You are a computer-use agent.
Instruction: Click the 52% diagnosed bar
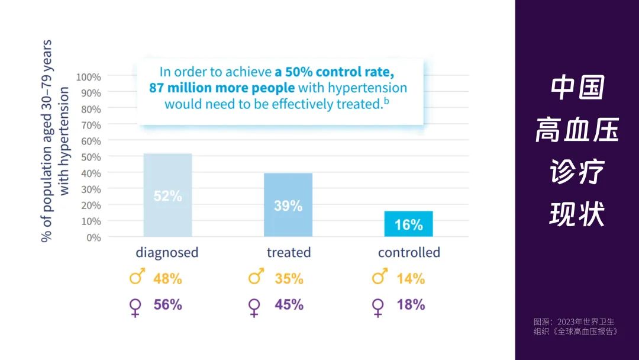click(167, 195)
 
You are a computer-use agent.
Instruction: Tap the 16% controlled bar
click(408, 224)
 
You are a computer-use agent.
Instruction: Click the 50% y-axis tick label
click(91, 157)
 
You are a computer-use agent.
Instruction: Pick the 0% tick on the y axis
click(93, 237)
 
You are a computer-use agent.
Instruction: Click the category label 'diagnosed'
click(167, 253)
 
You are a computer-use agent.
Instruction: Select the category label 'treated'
click(288, 253)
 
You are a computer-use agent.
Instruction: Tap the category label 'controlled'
click(409, 253)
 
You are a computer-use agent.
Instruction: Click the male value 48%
click(167, 278)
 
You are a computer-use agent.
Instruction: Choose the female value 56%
click(167, 305)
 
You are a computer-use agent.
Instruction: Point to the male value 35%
click(289, 278)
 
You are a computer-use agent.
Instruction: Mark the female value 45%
click(289, 305)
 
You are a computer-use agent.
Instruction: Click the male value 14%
click(411, 278)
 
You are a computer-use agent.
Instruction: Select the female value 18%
click(411, 305)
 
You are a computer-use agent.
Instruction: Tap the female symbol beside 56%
click(135, 307)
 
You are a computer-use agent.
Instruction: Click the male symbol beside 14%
click(379, 277)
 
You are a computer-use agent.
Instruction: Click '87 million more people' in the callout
click(222, 88)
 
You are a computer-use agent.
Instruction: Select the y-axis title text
click(54, 141)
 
